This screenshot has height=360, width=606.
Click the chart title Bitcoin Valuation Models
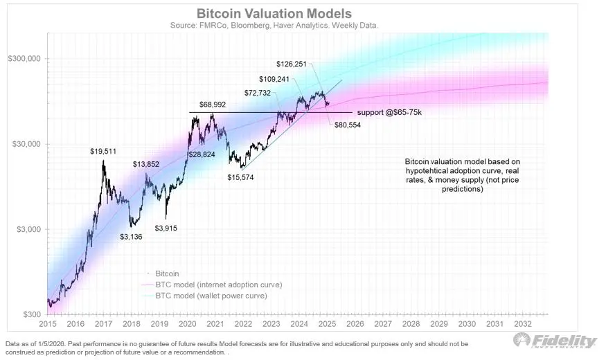click(x=274, y=14)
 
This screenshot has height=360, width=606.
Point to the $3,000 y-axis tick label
click(x=26, y=229)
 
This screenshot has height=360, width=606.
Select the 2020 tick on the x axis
click(x=188, y=324)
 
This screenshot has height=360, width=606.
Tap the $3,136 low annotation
click(x=134, y=237)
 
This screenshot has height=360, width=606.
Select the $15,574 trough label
click(x=242, y=177)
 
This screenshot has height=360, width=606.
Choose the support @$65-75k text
click(x=389, y=112)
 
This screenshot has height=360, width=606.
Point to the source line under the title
click(x=274, y=26)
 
